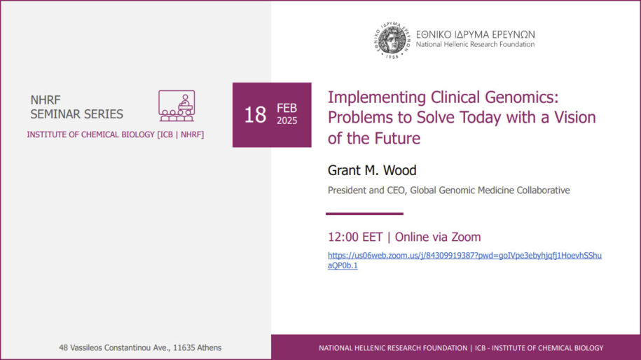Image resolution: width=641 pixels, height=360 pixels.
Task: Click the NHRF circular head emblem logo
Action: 392,40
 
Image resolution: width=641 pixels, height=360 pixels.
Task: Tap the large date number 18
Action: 255,115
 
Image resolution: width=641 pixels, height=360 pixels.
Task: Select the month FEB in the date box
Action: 287,108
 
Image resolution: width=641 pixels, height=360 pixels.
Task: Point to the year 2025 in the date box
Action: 287,121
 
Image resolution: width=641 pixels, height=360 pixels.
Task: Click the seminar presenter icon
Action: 177,106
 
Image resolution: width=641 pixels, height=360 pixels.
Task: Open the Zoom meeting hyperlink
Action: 464,261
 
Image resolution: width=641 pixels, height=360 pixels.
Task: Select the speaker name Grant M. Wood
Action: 372,170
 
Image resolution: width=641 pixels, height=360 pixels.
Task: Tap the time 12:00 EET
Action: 355,237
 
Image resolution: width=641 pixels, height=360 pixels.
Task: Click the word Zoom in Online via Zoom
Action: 466,237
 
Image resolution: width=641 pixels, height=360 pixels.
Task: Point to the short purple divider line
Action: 364,214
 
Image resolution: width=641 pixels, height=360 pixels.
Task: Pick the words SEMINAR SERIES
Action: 76,114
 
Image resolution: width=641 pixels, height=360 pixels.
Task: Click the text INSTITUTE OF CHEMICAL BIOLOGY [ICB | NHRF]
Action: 116,134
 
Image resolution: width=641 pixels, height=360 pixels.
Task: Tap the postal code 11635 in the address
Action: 184,347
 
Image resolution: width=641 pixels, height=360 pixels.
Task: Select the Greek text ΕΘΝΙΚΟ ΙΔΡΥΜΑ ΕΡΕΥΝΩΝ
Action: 476,34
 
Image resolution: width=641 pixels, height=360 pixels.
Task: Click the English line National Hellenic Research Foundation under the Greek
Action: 475,44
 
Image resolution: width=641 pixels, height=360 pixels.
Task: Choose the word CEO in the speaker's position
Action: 397,191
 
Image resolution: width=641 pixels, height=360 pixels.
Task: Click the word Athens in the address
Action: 209,347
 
